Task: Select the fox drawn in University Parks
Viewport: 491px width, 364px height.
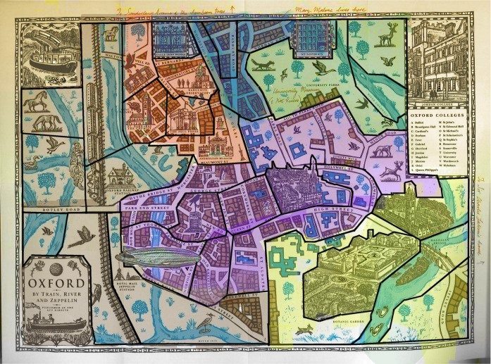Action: tap(263, 65)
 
